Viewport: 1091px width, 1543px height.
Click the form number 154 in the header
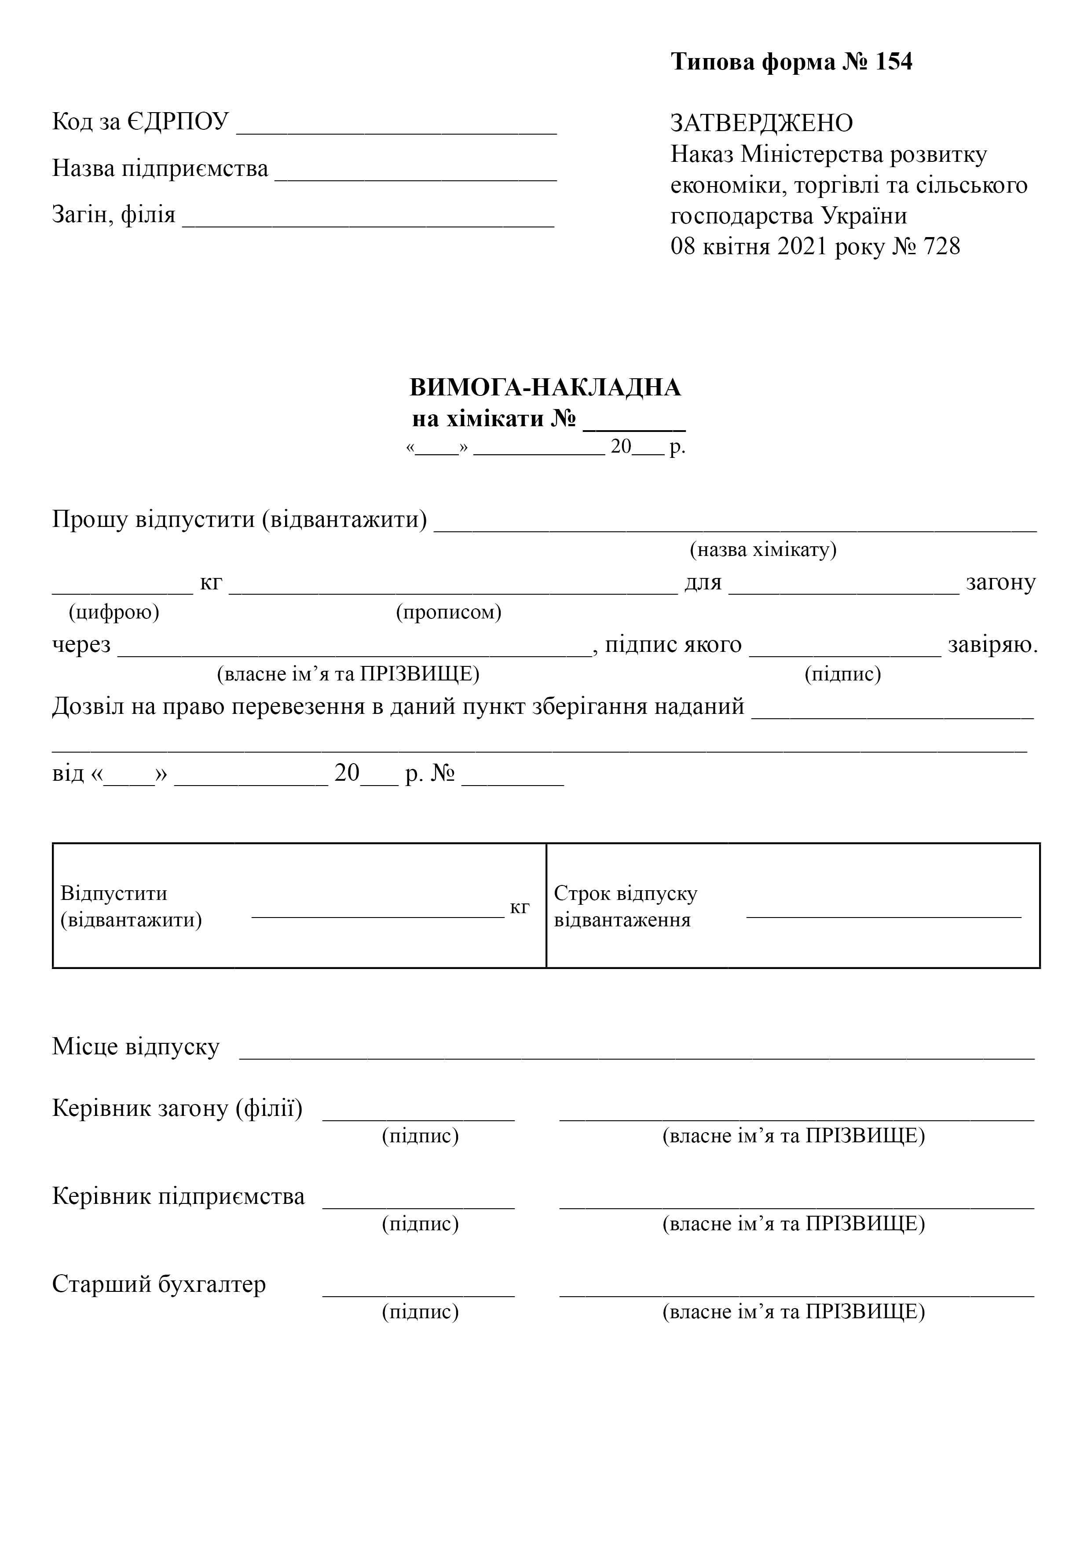tap(893, 62)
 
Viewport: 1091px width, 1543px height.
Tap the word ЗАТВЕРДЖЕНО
tap(762, 123)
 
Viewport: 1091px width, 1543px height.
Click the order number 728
tap(942, 247)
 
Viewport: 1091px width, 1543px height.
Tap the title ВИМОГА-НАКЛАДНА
tap(545, 388)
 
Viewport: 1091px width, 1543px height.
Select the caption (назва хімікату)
tap(763, 550)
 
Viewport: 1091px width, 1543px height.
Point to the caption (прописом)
tap(448, 612)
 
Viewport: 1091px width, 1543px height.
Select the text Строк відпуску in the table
tap(625, 893)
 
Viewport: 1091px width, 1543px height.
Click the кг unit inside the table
tap(520, 907)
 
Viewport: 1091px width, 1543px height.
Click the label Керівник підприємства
tap(178, 1196)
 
